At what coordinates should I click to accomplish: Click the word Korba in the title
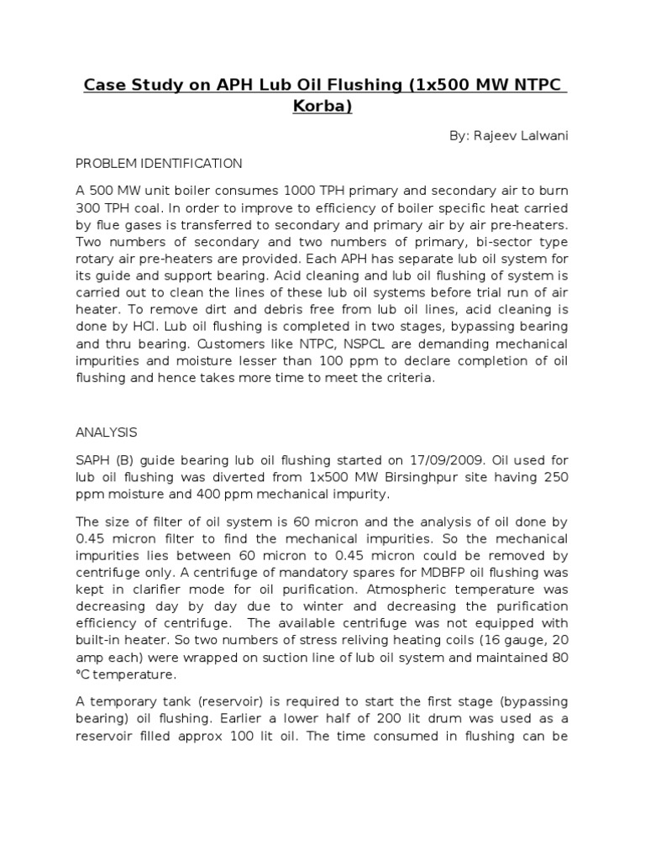(x=322, y=107)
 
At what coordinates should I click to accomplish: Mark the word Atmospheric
(x=386, y=590)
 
